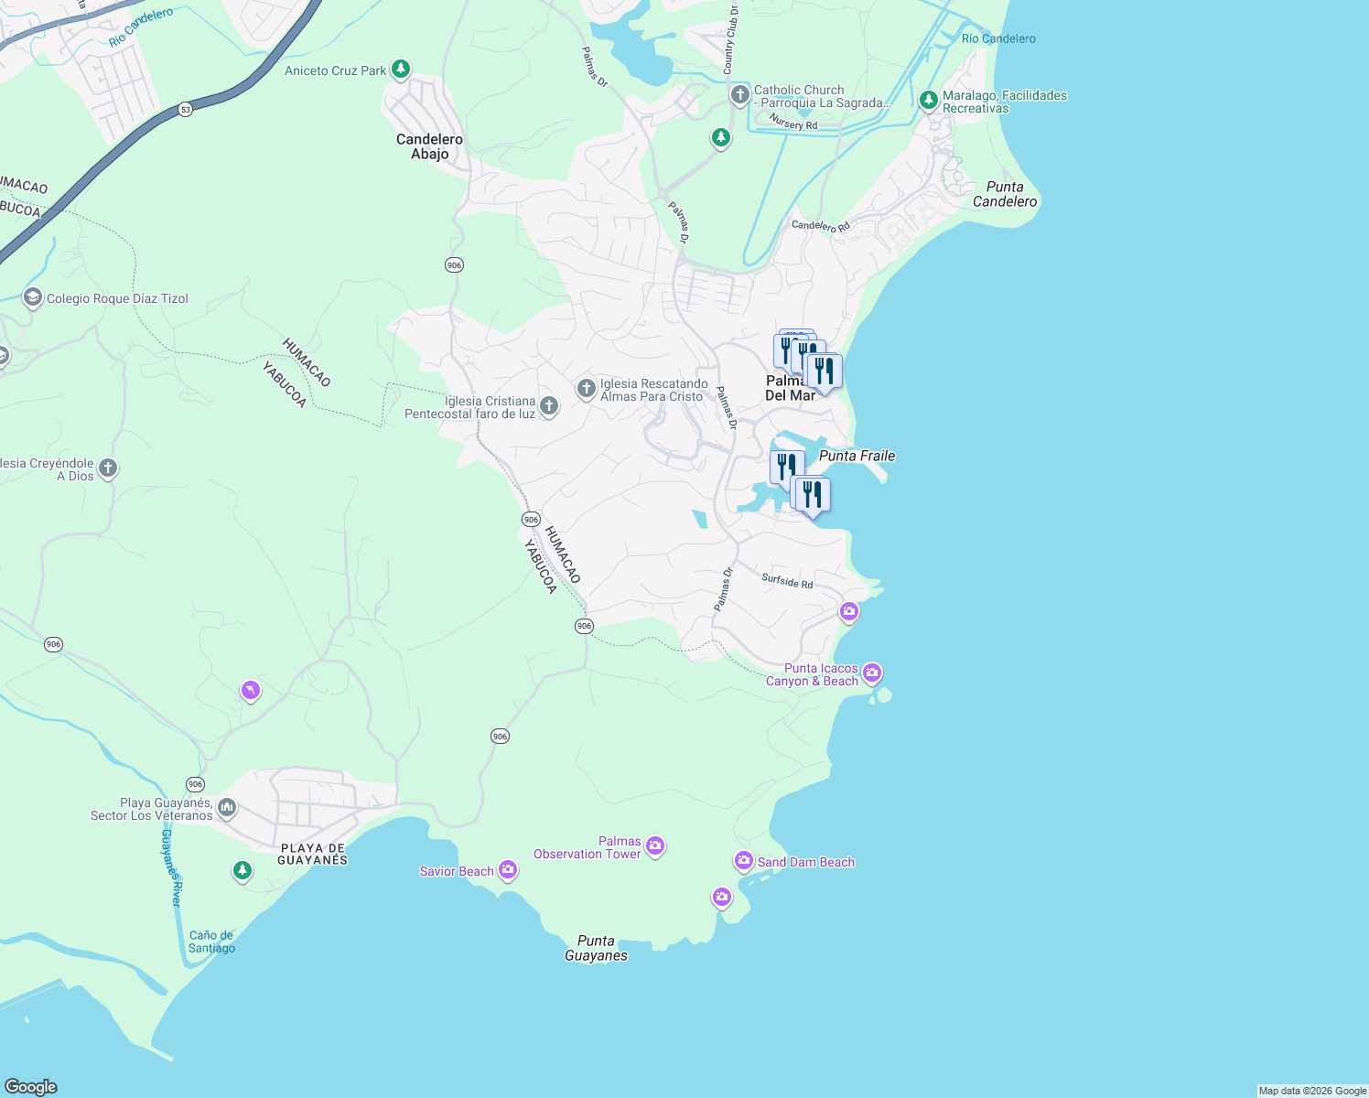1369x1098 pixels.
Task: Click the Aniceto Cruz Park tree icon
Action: [x=400, y=70]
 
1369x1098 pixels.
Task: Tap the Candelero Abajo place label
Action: [x=429, y=146]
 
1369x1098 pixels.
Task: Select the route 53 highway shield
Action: [x=186, y=109]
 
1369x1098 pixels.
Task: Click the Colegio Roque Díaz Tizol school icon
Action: [x=33, y=298]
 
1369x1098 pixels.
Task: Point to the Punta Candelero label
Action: [x=1005, y=194]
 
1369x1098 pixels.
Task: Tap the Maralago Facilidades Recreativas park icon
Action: [x=929, y=100]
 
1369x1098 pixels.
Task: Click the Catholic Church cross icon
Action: [x=739, y=95]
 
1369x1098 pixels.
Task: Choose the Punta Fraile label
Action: [x=857, y=456]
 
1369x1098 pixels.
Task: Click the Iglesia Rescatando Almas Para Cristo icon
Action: [x=586, y=390]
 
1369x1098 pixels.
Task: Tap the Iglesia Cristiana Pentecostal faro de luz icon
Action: [x=549, y=406]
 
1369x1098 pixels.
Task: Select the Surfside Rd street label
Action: [x=787, y=581]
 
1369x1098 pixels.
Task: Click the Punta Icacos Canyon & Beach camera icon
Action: [x=872, y=674]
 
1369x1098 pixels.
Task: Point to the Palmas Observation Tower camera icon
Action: [x=654, y=846]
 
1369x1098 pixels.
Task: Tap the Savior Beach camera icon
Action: [x=508, y=871]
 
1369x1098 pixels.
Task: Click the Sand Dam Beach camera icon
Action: [x=743, y=861]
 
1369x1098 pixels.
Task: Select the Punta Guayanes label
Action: [x=596, y=948]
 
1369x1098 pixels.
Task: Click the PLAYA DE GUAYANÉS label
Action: [x=312, y=854]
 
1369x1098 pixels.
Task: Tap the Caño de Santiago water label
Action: [x=211, y=942]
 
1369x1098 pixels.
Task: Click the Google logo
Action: [x=31, y=1086]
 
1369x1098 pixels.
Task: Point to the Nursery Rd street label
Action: [x=793, y=123]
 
